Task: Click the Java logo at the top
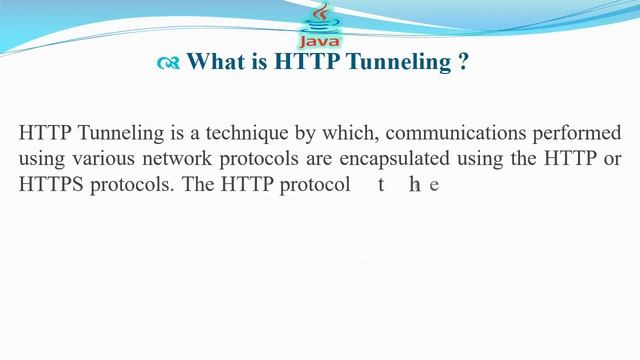coord(320,25)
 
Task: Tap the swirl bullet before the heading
coord(168,63)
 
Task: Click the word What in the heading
coord(214,62)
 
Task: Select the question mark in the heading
coord(464,62)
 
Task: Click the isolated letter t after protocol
coord(381,185)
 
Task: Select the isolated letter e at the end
coord(434,186)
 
